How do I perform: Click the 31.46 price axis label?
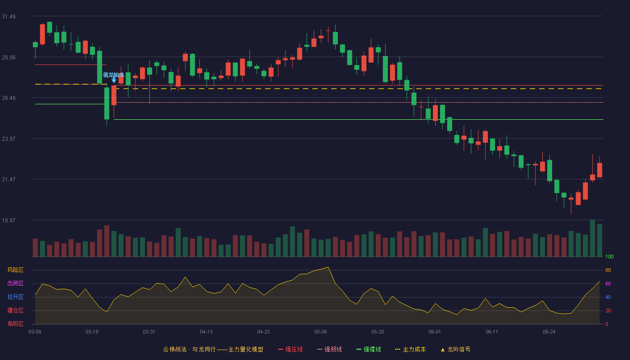click(x=9, y=17)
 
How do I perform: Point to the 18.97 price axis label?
click(x=9, y=220)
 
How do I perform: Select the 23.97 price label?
click(x=9, y=139)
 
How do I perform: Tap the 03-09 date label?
click(x=35, y=332)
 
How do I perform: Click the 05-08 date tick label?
click(x=320, y=332)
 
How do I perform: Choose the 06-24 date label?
click(x=549, y=332)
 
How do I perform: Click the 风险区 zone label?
click(x=15, y=270)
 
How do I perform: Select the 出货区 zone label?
click(x=15, y=283)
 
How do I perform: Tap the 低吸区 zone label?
click(x=15, y=324)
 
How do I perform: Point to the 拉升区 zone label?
click(x=15, y=297)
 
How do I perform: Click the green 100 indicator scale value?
click(x=609, y=256)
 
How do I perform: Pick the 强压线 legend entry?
click(x=290, y=349)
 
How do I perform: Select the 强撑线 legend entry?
click(x=369, y=349)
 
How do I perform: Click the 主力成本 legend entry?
click(x=410, y=349)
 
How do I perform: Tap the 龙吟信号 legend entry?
click(x=455, y=349)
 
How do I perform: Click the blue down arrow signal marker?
click(x=114, y=81)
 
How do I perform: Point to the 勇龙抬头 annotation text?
click(x=113, y=75)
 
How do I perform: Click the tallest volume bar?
click(x=592, y=238)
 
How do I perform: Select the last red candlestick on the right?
click(x=599, y=170)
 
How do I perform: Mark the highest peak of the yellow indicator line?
click(x=328, y=267)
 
